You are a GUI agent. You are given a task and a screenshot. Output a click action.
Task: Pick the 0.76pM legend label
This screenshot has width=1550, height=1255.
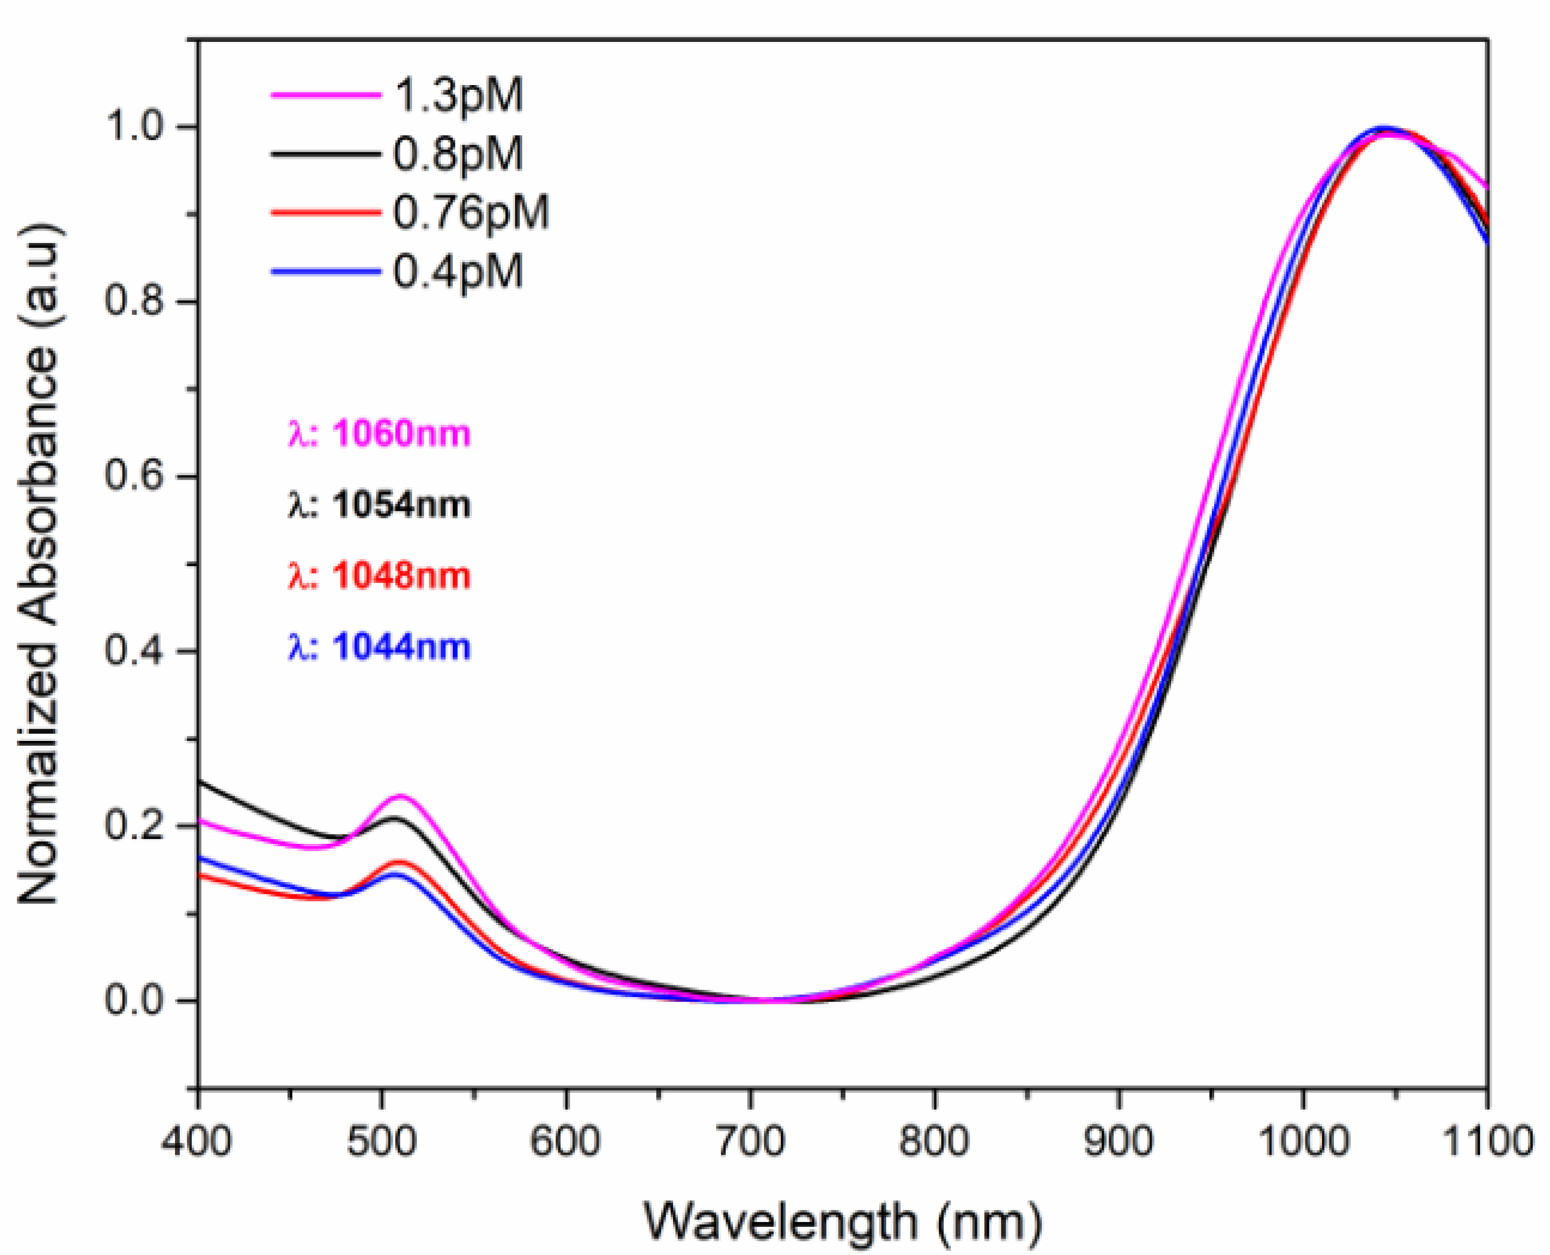point(471,213)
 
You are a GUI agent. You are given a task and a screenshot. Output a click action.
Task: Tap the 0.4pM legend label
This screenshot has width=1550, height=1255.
point(457,272)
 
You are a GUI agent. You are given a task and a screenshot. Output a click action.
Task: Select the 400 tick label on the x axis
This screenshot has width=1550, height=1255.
point(198,1141)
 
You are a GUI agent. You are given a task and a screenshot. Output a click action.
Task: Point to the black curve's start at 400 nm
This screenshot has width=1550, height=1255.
point(200,782)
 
